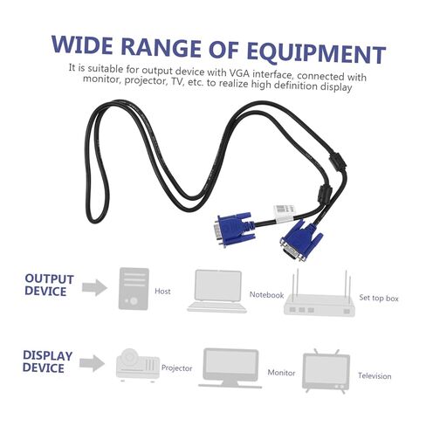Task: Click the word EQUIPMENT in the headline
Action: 316,52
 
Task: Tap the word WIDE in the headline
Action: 82,45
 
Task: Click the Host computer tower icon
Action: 134,289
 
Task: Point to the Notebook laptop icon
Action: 217,292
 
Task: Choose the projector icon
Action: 138,365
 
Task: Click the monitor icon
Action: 230,368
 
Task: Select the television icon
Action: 326,371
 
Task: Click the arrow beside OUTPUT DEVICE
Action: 94,288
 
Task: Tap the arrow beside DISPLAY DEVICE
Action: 93,363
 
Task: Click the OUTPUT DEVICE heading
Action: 49,285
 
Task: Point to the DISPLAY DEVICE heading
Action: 47,361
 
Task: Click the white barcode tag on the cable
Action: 285,213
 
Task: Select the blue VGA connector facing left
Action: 234,229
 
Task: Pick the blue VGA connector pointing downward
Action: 301,241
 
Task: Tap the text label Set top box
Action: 379,298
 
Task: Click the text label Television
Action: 374,376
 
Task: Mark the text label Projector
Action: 176,368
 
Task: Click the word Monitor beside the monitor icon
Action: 281,373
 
